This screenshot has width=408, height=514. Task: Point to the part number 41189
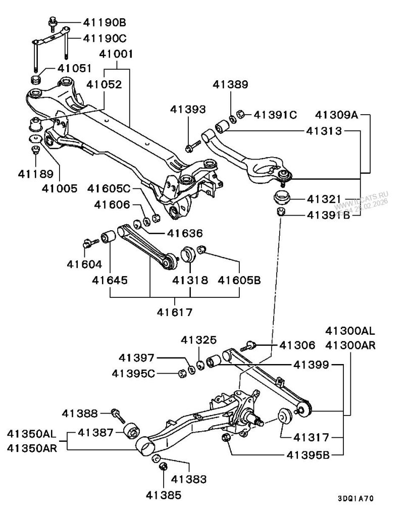[35, 174]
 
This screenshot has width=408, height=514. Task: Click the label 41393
[188, 108]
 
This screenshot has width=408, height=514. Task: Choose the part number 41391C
[275, 115]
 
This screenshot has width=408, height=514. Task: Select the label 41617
[175, 312]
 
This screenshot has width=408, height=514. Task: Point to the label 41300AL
[350, 332]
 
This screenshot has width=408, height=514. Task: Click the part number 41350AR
[32, 447]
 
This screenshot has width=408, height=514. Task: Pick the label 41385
[164, 495]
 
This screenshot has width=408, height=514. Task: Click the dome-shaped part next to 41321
[282, 198]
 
